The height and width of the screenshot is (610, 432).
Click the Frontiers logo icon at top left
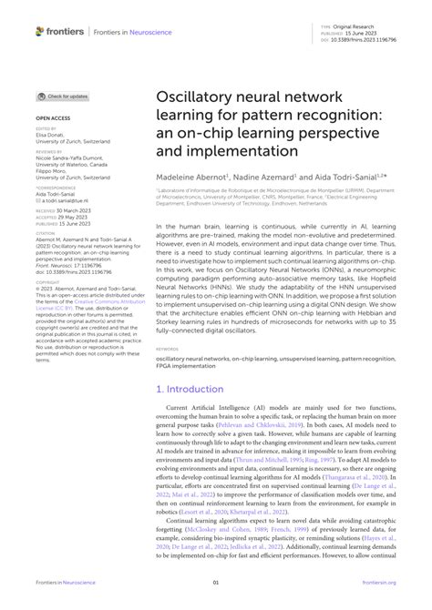pos(41,31)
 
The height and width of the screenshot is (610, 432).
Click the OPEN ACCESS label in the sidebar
pos(54,118)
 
